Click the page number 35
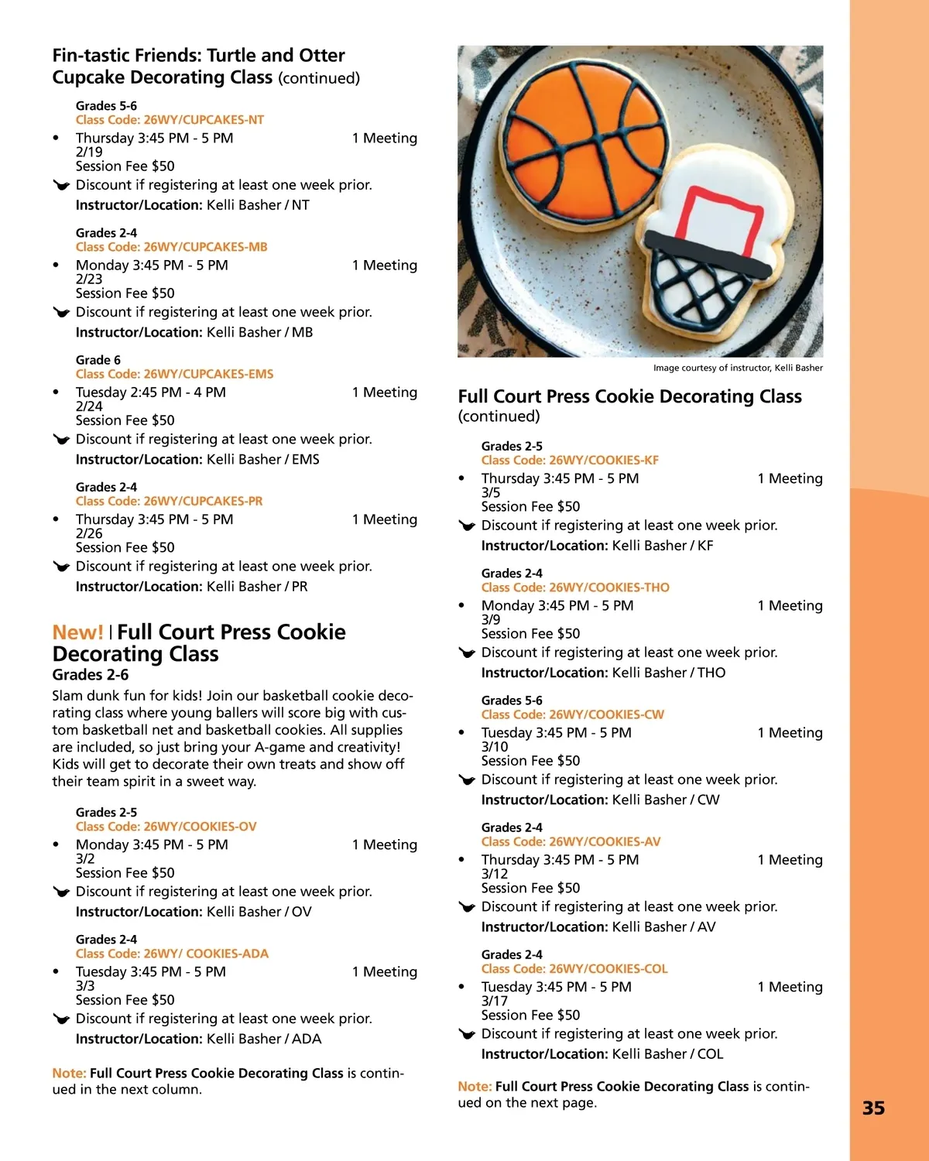click(x=873, y=1108)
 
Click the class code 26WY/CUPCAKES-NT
click(x=170, y=120)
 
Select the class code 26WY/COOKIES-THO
click(x=575, y=587)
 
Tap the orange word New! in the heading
click(x=77, y=632)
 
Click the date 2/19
click(x=89, y=152)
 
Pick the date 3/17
click(x=495, y=1001)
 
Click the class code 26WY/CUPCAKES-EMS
click(x=174, y=374)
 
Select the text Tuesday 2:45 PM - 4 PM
click(x=151, y=392)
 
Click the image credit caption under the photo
click(x=738, y=368)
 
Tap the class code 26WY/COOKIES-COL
click(x=574, y=969)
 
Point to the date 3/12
click(x=495, y=874)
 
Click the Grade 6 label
click(x=98, y=360)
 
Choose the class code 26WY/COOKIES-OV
click(x=166, y=827)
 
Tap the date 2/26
click(x=89, y=533)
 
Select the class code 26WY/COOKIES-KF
click(x=570, y=461)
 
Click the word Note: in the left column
click(x=69, y=1074)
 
